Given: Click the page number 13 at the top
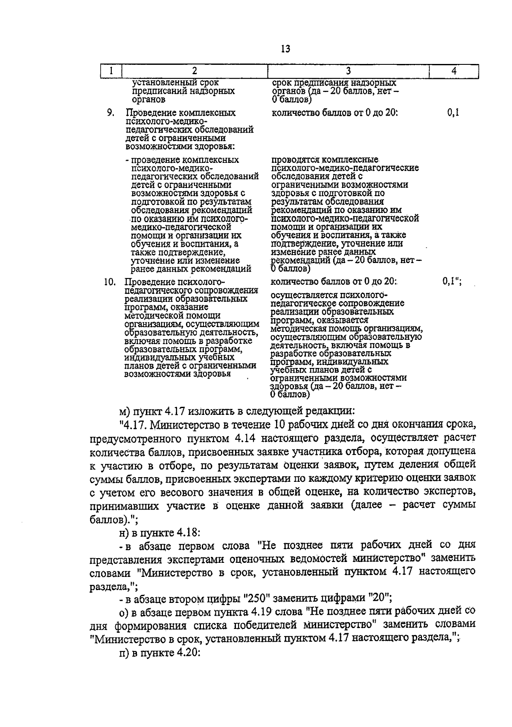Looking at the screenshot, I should (x=286, y=49).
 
